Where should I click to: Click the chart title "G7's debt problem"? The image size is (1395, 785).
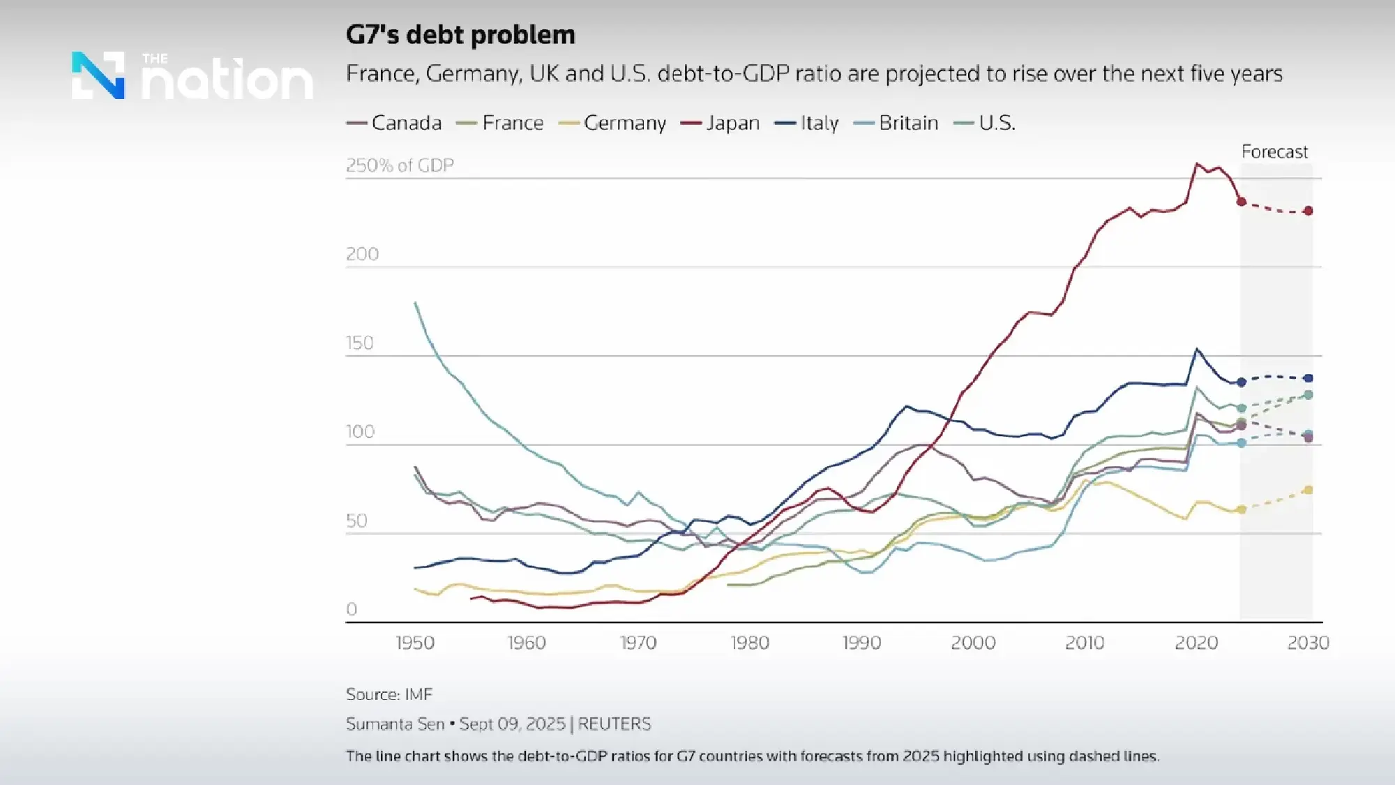tap(460, 35)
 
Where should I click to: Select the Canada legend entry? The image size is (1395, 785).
tap(395, 123)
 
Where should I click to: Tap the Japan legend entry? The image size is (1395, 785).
tap(721, 123)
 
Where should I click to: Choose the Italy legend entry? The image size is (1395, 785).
tap(807, 123)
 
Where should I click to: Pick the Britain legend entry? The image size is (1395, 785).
tap(896, 123)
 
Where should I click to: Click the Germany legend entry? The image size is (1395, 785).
tap(613, 123)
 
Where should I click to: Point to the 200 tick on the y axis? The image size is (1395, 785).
tap(362, 254)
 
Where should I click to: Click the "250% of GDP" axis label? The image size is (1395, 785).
tap(400, 165)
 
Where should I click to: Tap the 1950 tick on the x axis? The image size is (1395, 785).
tap(415, 643)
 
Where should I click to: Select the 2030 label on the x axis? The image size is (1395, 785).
tap(1308, 643)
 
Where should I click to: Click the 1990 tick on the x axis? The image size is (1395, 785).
tap(861, 643)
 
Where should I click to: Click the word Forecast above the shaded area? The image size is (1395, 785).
tap(1274, 151)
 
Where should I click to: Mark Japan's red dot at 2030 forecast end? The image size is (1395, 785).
tap(1309, 211)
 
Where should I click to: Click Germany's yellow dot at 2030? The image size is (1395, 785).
tap(1309, 491)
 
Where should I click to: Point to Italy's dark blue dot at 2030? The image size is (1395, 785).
tap(1309, 378)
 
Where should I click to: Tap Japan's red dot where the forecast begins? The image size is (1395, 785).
tap(1242, 202)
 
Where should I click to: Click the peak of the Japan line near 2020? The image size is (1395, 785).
tap(1197, 165)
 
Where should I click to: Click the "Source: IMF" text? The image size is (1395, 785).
tap(389, 694)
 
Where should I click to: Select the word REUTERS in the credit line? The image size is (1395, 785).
tap(614, 724)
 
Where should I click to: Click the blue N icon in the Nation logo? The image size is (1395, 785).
tap(98, 75)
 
